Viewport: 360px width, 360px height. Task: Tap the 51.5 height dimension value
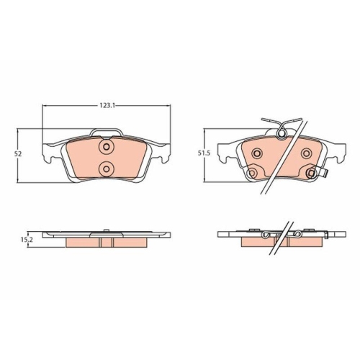pos(204,153)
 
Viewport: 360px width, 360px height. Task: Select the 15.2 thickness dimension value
pos(26,241)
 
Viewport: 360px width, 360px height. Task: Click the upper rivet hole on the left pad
pos(107,148)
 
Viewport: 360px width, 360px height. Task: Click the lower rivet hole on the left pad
pos(107,169)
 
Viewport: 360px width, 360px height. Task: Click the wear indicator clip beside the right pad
pos(323,174)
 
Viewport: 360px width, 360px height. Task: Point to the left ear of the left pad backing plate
pos(49,152)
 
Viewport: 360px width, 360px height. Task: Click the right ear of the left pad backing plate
pos(164,152)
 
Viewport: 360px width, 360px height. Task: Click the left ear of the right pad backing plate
pos(225,153)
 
